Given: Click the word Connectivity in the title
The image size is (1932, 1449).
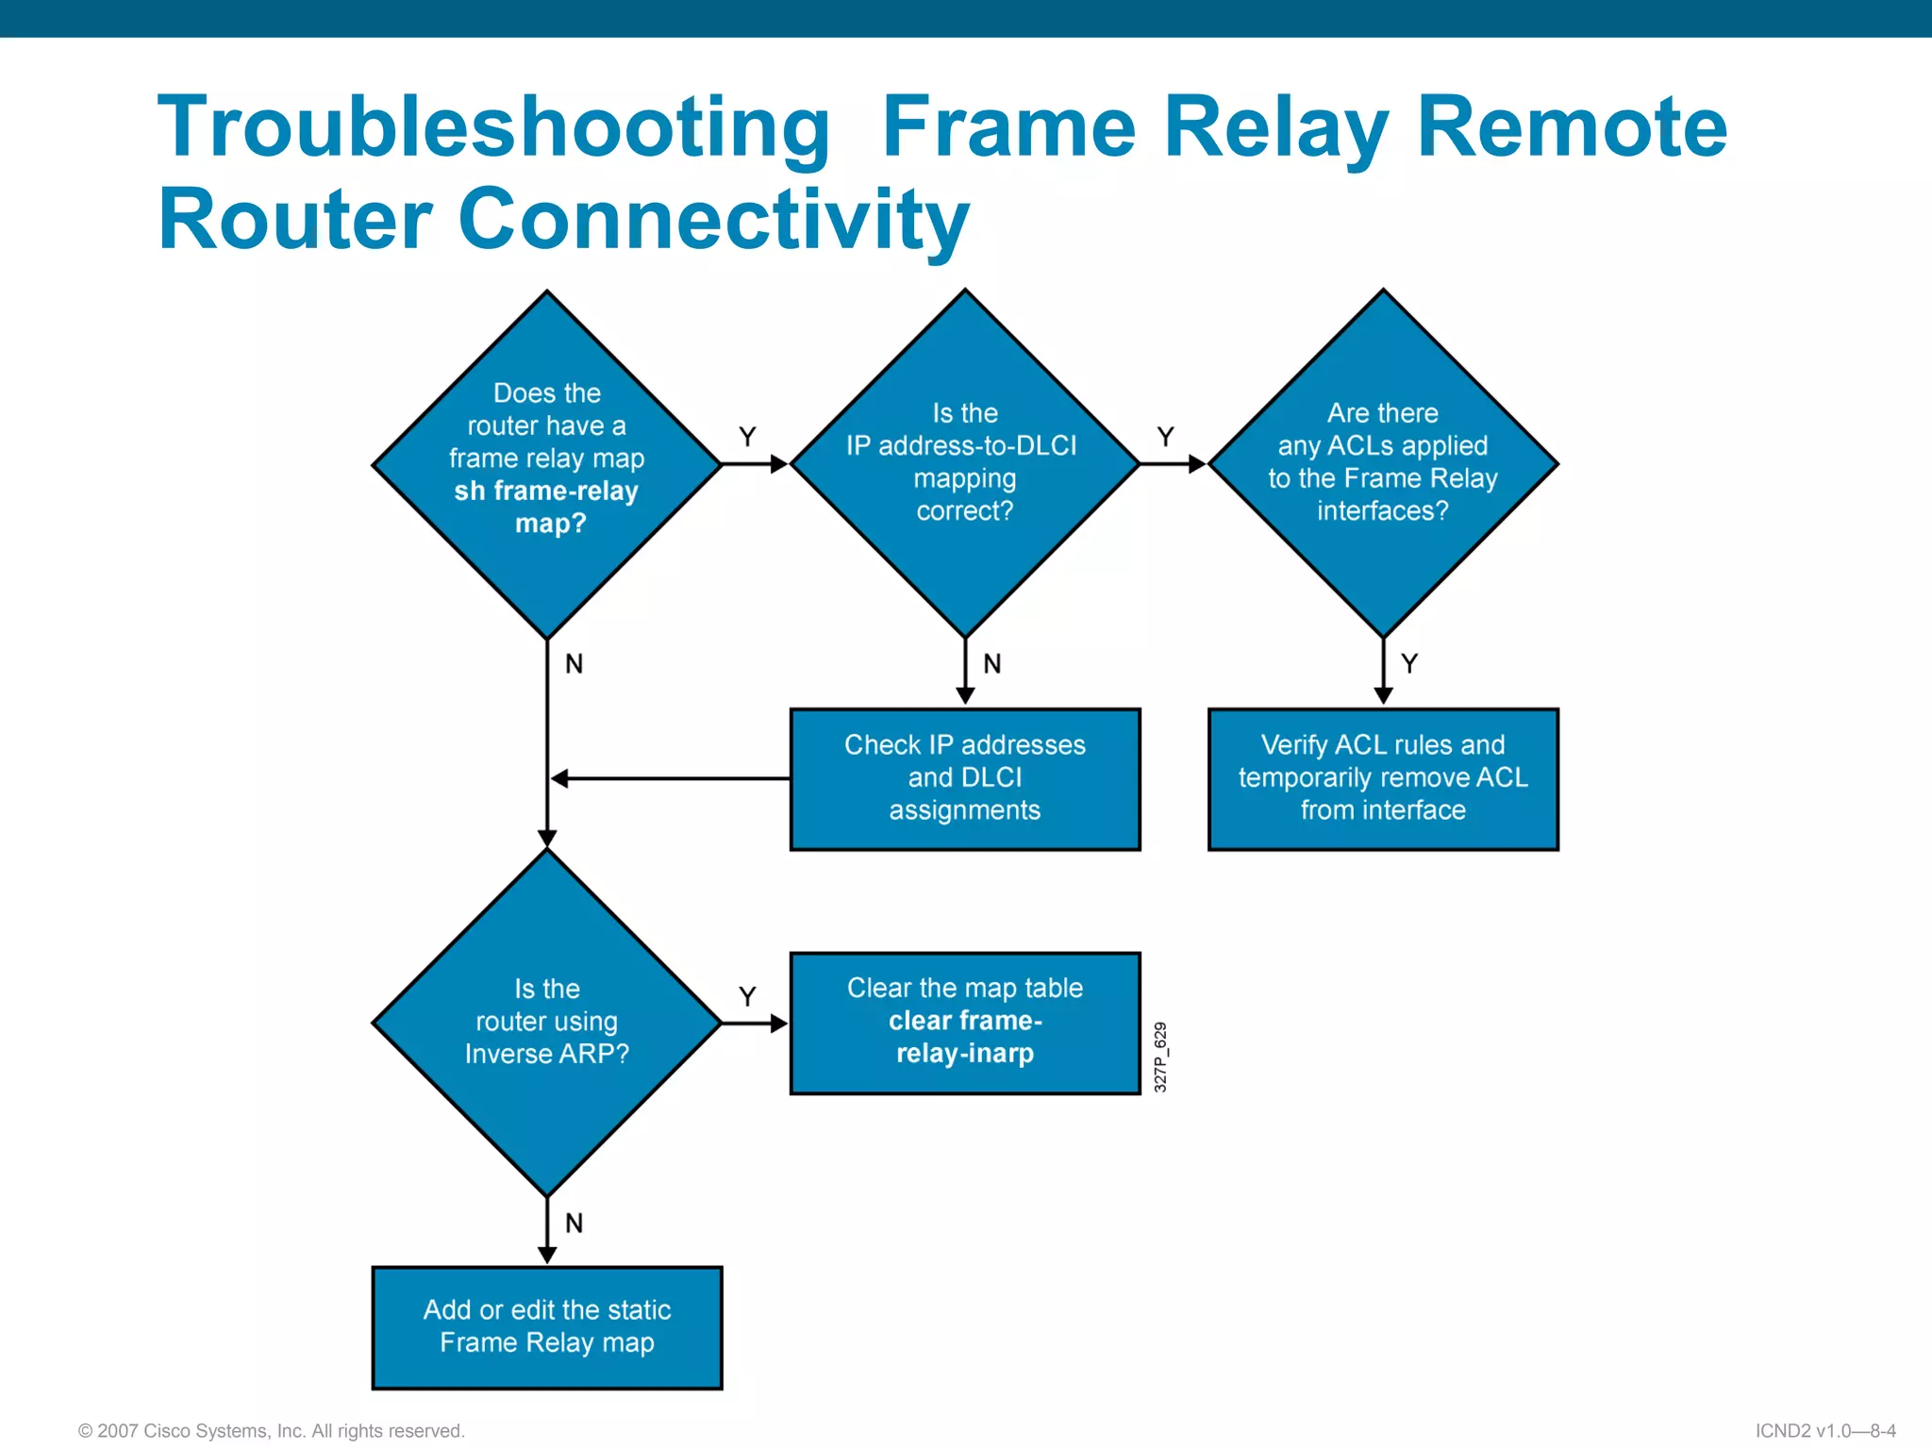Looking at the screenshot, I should point(713,220).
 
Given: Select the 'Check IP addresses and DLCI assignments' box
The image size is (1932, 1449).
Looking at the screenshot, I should point(964,778).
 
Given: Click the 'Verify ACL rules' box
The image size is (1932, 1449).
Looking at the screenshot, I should point(1382,778).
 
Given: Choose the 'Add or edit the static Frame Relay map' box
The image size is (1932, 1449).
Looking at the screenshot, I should point(546,1326).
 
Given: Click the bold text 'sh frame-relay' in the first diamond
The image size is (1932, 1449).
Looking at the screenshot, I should point(546,491).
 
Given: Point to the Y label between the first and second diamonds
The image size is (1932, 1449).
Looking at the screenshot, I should point(747,437).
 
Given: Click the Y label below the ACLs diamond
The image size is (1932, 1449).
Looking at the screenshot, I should point(1409,663).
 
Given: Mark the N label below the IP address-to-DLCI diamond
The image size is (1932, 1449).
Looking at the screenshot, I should point(991,664).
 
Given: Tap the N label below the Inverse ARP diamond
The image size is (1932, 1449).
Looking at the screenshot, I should point(574,1224).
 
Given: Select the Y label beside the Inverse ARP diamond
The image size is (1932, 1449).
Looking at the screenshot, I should point(747,996).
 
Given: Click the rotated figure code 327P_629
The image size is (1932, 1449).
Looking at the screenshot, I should point(1160,1057).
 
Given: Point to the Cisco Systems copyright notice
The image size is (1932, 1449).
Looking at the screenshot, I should point(272,1430).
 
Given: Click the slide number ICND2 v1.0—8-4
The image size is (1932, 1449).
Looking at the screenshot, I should point(1824,1430).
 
